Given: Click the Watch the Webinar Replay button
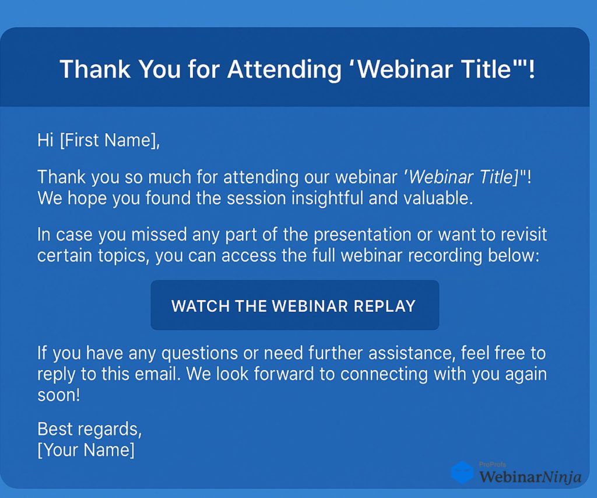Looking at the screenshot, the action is click(294, 305).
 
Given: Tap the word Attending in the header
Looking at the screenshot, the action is click(285, 69).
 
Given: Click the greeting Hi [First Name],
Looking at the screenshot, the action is click(99, 140).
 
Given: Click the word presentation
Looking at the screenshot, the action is click(362, 235).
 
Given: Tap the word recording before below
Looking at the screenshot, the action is click(445, 256).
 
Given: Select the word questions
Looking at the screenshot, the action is click(199, 353).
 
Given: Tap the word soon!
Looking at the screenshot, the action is click(59, 395).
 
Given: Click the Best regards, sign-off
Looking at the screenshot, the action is click(89, 429).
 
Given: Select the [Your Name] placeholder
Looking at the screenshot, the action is click(86, 450).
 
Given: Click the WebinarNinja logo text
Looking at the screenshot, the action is click(530, 476).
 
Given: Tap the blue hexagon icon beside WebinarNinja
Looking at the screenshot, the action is click(462, 472).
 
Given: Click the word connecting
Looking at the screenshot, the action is click(384, 374).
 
